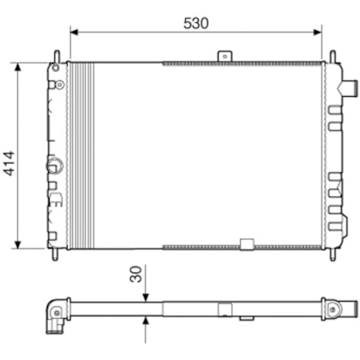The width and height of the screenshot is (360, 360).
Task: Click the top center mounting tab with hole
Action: click(x=225, y=56)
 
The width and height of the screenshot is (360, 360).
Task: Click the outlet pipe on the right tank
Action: click(x=350, y=87)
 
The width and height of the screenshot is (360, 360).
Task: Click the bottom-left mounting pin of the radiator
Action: click(x=56, y=255)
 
